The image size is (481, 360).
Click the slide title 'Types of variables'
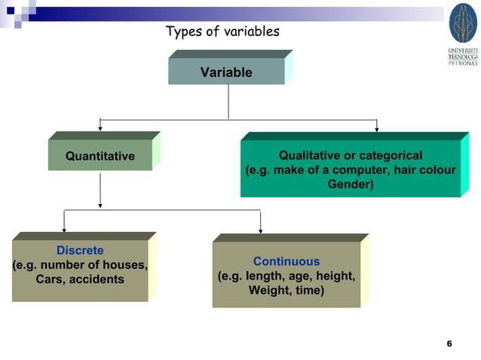222,32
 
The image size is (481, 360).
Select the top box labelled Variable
226,72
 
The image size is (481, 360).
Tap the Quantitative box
100,156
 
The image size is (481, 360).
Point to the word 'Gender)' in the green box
350,183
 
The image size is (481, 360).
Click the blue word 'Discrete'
80,250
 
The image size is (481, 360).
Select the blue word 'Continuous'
286,261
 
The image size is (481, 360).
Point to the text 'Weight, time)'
286,290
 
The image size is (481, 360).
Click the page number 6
449,343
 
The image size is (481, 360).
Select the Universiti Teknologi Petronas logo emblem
463,23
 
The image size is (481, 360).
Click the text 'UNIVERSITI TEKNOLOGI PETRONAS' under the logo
463,56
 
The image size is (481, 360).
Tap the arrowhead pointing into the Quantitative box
100,129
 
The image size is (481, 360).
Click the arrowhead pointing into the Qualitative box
376,129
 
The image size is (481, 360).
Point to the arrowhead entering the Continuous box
260,230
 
